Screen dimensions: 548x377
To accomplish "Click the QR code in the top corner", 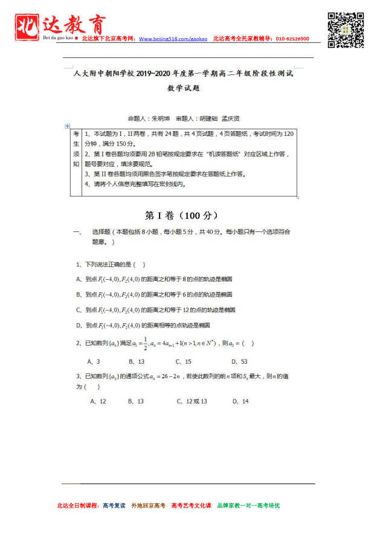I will (x=346, y=30).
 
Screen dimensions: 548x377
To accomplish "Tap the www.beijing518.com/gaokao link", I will (x=173, y=39).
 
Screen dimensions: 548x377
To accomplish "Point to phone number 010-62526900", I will (x=292, y=39).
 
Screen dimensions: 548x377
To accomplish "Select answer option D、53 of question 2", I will (x=240, y=361).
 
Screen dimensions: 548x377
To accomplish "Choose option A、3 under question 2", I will (x=93, y=361).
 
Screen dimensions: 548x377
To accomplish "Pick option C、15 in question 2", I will (x=184, y=361).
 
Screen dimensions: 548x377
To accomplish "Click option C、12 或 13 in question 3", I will (x=192, y=401).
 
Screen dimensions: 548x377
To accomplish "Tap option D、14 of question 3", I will (x=241, y=401).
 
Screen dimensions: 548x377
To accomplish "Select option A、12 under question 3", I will (x=98, y=401).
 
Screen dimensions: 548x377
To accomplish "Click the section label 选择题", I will (x=102, y=231).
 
